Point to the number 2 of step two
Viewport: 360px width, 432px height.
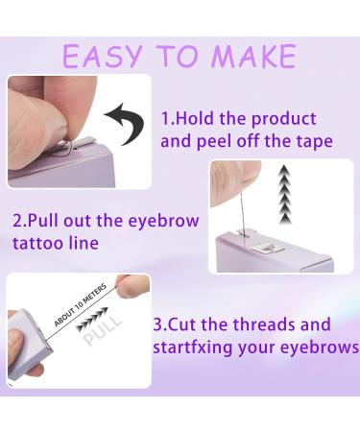tap(17, 220)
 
